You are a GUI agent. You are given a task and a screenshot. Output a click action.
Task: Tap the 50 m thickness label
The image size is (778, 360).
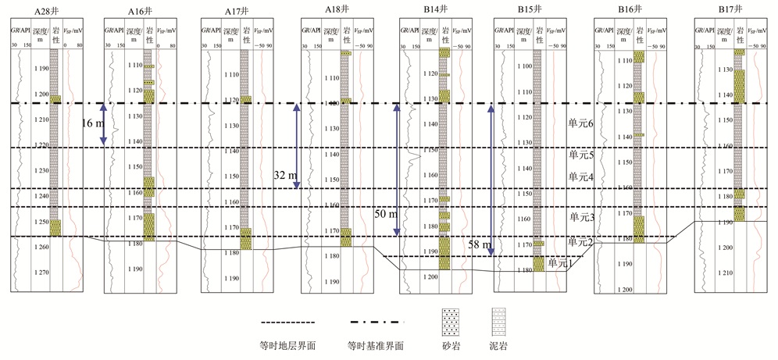(x=387, y=212)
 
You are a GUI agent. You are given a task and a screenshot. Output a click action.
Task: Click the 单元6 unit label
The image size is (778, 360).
(x=582, y=123)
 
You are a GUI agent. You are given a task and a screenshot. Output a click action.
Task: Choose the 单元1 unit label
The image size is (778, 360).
(x=559, y=263)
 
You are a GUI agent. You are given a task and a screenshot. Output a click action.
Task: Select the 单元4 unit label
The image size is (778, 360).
(x=582, y=176)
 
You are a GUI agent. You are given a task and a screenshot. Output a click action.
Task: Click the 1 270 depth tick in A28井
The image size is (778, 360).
(x=41, y=273)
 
